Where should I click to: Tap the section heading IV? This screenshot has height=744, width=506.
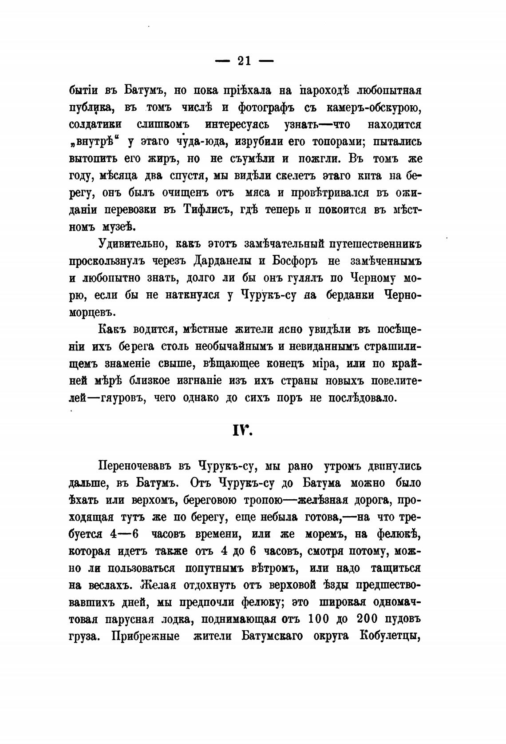(242, 430)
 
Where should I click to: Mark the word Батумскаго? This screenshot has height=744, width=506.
(272, 636)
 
